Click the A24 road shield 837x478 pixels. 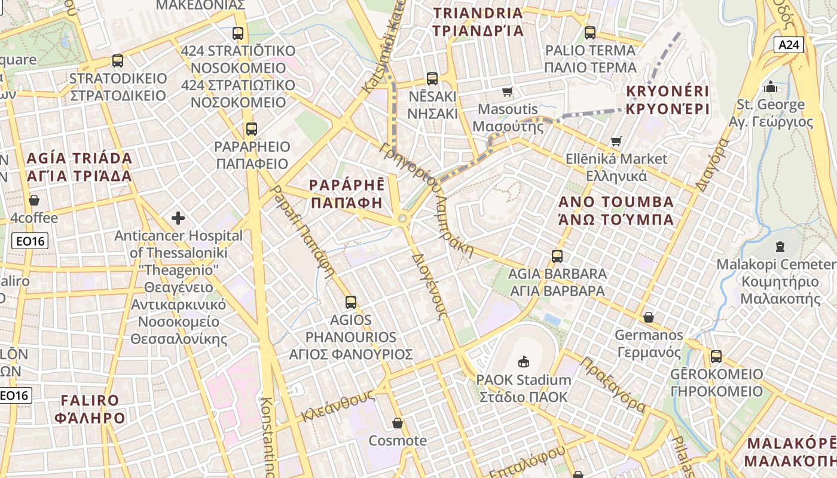789,45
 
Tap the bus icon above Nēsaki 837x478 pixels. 432,78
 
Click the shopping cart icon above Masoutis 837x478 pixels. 508,91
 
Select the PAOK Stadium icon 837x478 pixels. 524,361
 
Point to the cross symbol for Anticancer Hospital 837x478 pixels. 178,217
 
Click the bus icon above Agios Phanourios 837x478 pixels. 351,302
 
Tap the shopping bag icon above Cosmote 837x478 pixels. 398,423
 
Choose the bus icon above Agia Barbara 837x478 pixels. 557,256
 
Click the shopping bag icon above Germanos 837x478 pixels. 649,317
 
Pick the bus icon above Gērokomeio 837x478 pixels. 716,357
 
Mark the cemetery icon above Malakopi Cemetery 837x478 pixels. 780,246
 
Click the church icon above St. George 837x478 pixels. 771,87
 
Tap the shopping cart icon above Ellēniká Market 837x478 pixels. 616,142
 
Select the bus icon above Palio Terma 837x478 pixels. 590,33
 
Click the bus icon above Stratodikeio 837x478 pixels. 118,61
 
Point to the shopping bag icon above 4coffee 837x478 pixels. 34,200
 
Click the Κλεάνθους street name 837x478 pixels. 338,406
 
